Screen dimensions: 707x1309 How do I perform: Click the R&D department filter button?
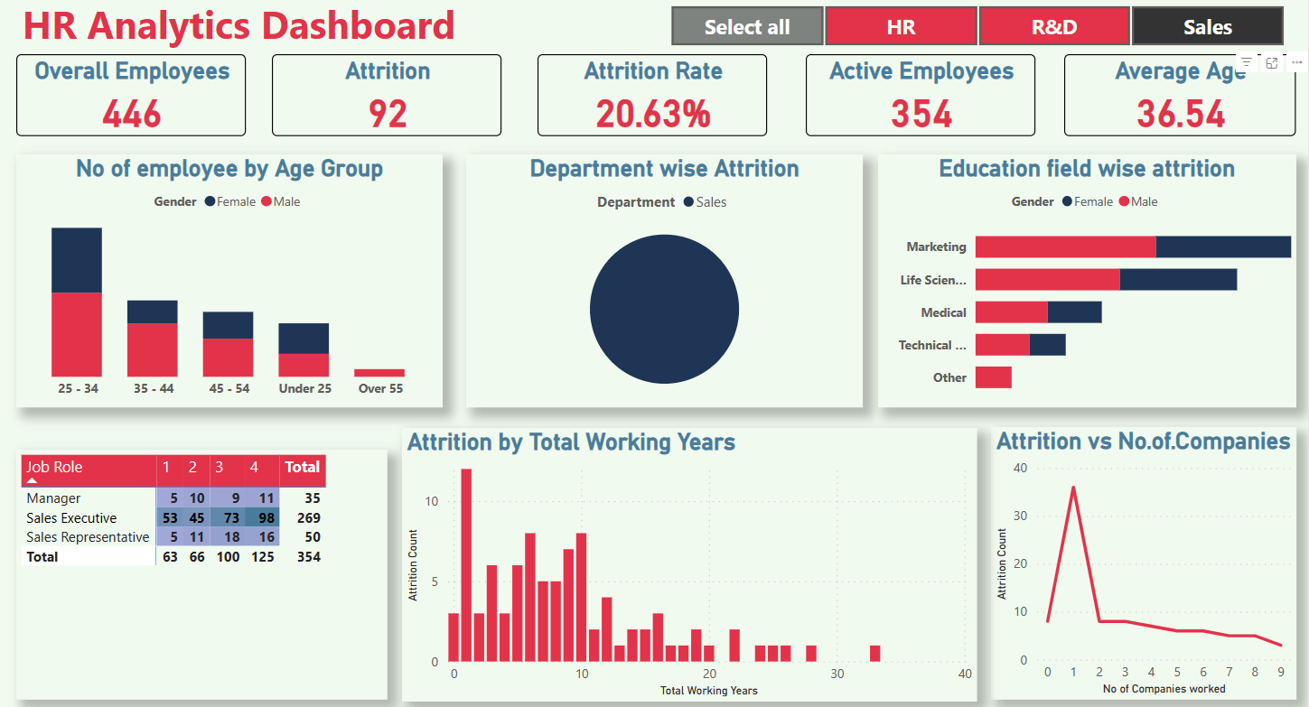click(x=1053, y=26)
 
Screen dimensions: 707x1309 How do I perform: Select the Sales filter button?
click(x=1207, y=26)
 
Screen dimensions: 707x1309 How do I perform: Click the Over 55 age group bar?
click(x=379, y=372)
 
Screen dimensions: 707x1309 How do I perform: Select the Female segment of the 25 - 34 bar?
click(x=77, y=260)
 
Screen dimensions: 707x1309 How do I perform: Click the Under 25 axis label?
click(x=304, y=389)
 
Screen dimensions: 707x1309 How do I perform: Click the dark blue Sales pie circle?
click(x=664, y=310)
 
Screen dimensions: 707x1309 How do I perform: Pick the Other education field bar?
click(x=993, y=377)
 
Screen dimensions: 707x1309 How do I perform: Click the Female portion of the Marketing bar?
click(x=1223, y=247)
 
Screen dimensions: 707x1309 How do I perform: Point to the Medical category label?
click(x=943, y=312)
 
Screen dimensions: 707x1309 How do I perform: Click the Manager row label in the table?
click(x=54, y=498)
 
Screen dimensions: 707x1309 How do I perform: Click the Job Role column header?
click(x=54, y=467)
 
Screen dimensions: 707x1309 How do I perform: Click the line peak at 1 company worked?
click(x=1073, y=488)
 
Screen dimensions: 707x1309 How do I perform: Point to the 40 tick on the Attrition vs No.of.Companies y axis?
click(x=1021, y=468)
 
